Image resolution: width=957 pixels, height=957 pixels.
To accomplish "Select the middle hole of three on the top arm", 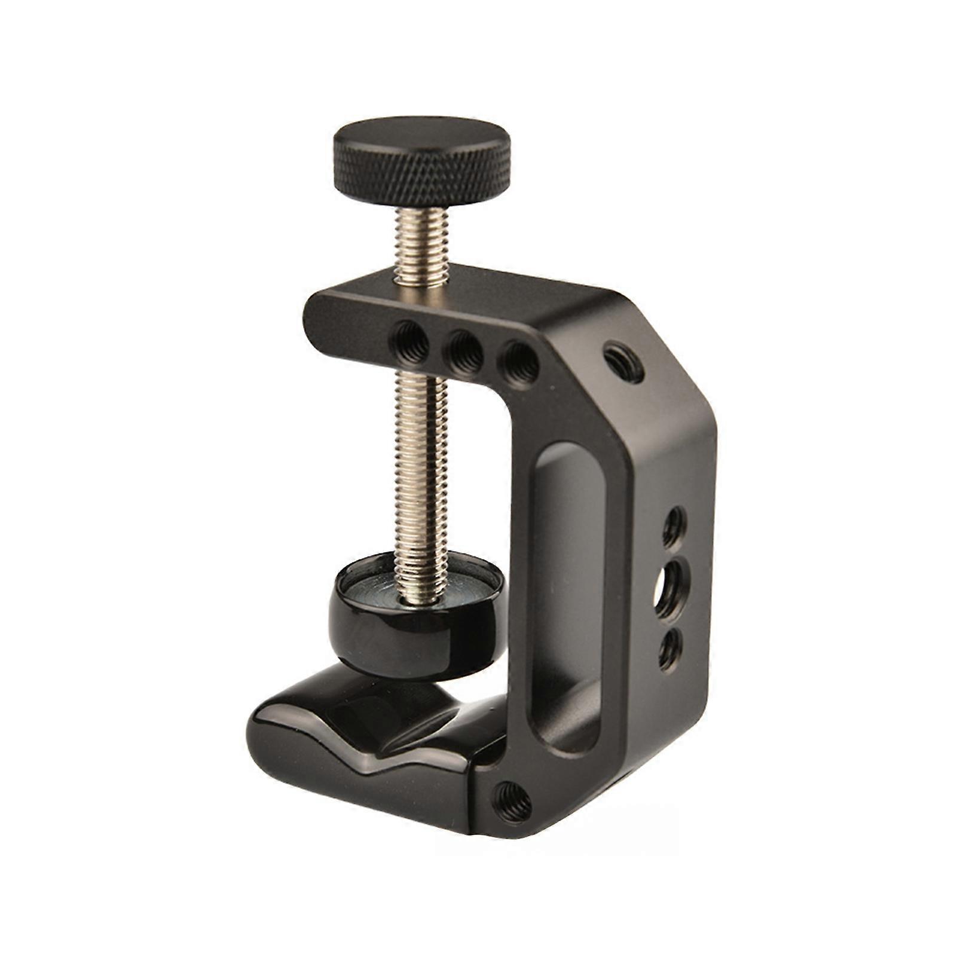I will coord(466,350).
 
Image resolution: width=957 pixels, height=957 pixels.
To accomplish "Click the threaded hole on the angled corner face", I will coord(623,361).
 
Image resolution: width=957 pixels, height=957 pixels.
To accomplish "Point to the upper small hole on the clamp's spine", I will coord(674,521).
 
